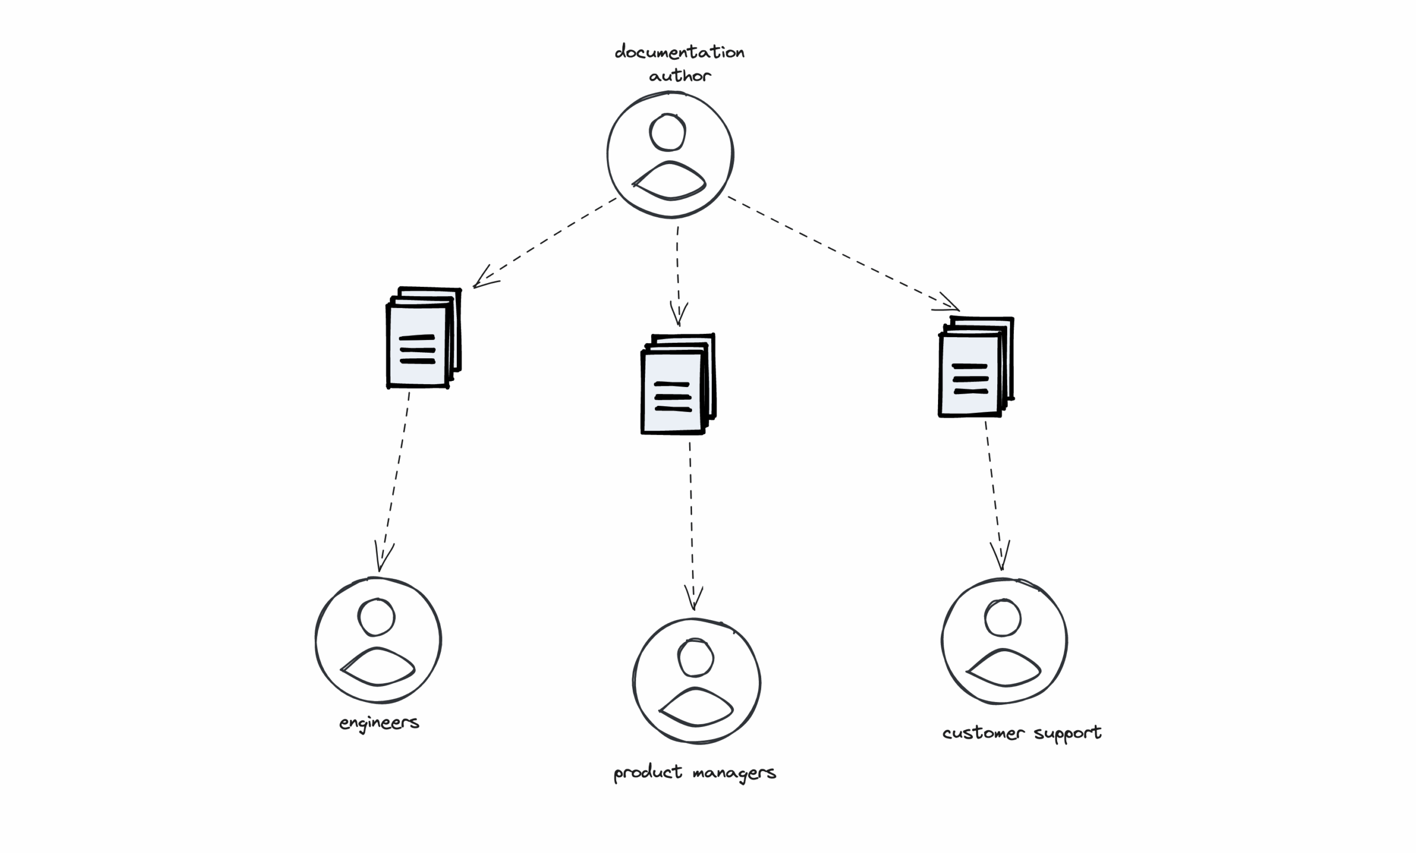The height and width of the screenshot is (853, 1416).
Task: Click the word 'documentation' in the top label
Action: [x=679, y=53]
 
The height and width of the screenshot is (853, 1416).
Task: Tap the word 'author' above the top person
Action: [x=680, y=76]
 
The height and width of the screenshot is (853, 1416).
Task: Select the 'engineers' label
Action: [x=379, y=723]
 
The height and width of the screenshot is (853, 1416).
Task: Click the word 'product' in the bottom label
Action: [x=648, y=772]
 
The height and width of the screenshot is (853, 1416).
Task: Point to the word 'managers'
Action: [x=735, y=773]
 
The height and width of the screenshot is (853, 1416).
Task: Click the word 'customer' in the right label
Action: [x=983, y=733]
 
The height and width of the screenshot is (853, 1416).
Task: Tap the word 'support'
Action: [x=1067, y=734]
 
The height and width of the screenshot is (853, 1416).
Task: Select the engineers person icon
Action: [x=379, y=641]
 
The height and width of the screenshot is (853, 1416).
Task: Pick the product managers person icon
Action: [x=696, y=681]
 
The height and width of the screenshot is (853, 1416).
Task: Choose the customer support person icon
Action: [x=1004, y=641]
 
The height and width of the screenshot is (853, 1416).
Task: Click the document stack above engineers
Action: [x=424, y=338]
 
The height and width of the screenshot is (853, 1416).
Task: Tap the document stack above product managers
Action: [x=678, y=384]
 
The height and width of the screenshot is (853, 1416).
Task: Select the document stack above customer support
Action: [x=976, y=367]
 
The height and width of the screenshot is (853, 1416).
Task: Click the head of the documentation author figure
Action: [x=668, y=132]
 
